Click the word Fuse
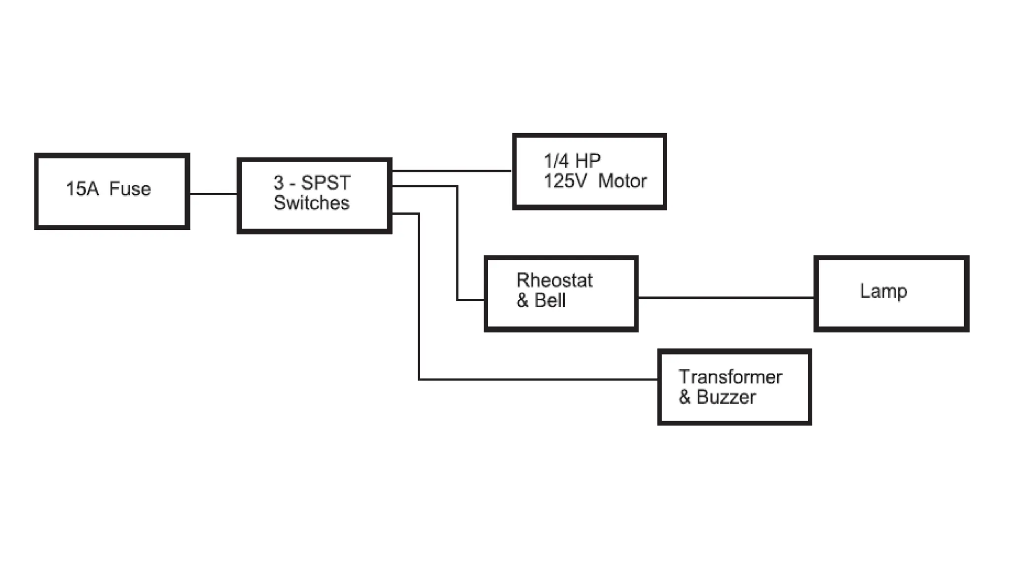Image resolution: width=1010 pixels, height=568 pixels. click(x=130, y=189)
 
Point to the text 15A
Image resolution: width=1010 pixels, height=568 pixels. click(x=82, y=189)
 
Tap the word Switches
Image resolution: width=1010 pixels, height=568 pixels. click(x=311, y=203)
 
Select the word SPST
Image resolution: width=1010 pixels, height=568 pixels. click(x=325, y=183)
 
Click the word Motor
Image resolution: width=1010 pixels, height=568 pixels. click(x=622, y=181)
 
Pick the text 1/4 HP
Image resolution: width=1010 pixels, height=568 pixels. click(x=572, y=161)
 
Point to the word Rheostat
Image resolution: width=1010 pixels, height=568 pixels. click(x=554, y=280)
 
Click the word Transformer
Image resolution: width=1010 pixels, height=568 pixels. click(x=730, y=377)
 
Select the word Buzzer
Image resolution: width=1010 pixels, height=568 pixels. click(x=726, y=397)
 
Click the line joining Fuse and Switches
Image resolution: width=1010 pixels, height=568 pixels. click(x=214, y=194)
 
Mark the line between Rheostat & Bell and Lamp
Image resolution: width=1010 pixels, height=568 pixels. click(x=725, y=297)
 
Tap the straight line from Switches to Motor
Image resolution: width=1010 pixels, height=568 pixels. click(x=452, y=171)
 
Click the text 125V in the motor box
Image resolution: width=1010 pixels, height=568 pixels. click(x=565, y=181)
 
